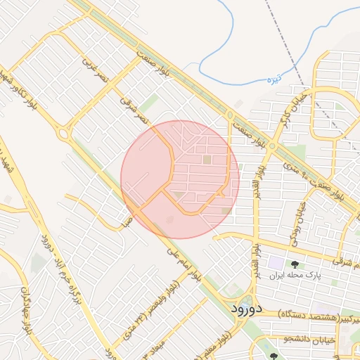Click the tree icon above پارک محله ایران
pyautogui.click(x=294, y=264)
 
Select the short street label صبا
pyautogui.click(x=127, y=223)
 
